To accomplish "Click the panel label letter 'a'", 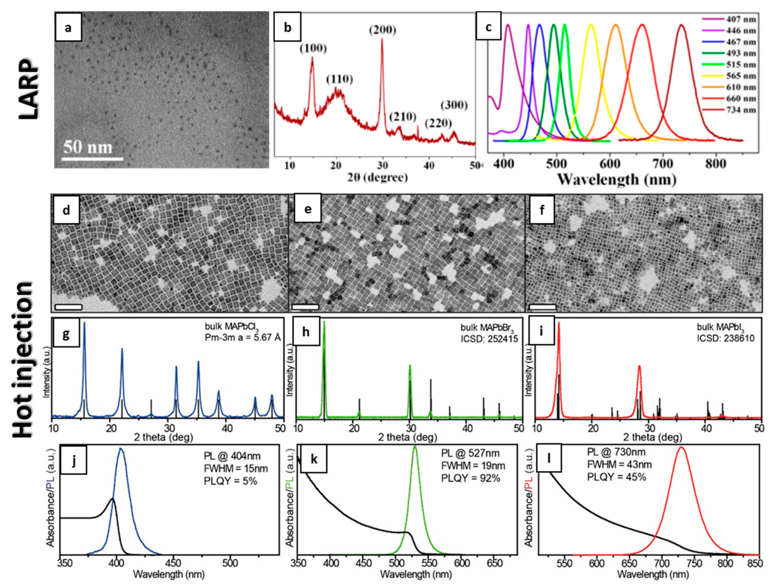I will click(x=68, y=27).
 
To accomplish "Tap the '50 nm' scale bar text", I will click(x=88, y=147).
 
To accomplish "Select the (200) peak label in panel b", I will click(x=382, y=30).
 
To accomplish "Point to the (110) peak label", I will click(x=339, y=80).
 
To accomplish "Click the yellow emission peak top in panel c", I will click(x=591, y=25).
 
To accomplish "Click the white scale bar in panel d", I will click(x=68, y=307).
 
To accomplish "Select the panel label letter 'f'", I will click(x=542, y=209).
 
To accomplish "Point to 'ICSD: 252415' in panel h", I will click(x=489, y=338).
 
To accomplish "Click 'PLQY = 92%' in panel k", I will click(x=471, y=478).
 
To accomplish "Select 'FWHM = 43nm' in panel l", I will click(x=619, y=464).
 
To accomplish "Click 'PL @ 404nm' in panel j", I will click(x=232, y=456).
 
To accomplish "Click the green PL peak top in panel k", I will click(x=415, y=447).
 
